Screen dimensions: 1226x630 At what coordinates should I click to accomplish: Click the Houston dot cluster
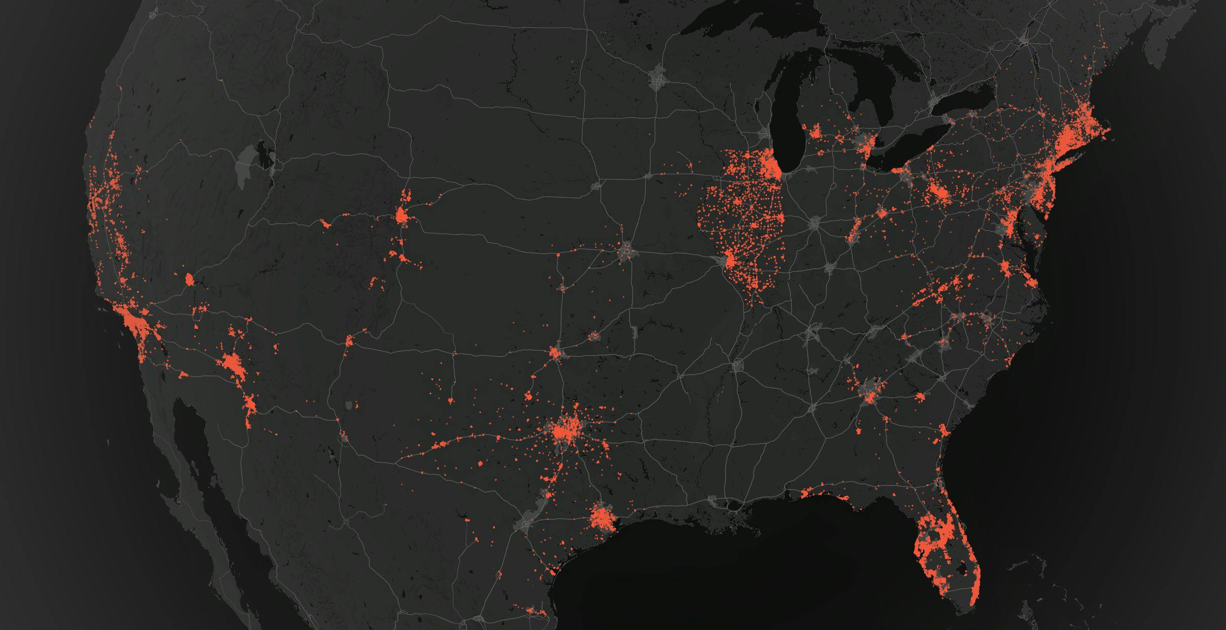[x=601, y=518]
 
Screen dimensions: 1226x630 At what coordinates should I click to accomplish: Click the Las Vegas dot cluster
[x=189, y=279]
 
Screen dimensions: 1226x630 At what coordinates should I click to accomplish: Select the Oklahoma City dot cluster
[x=556, y=353]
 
